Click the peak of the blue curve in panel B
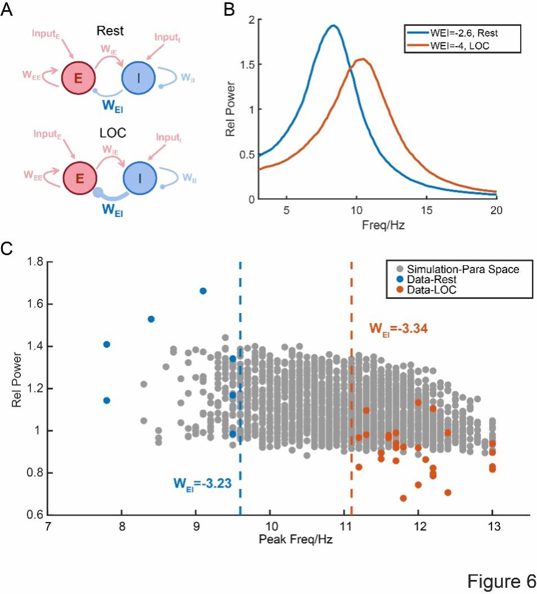333,25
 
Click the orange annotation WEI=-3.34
398,328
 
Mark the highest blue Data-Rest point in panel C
203,291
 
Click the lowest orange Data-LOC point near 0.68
403,498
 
